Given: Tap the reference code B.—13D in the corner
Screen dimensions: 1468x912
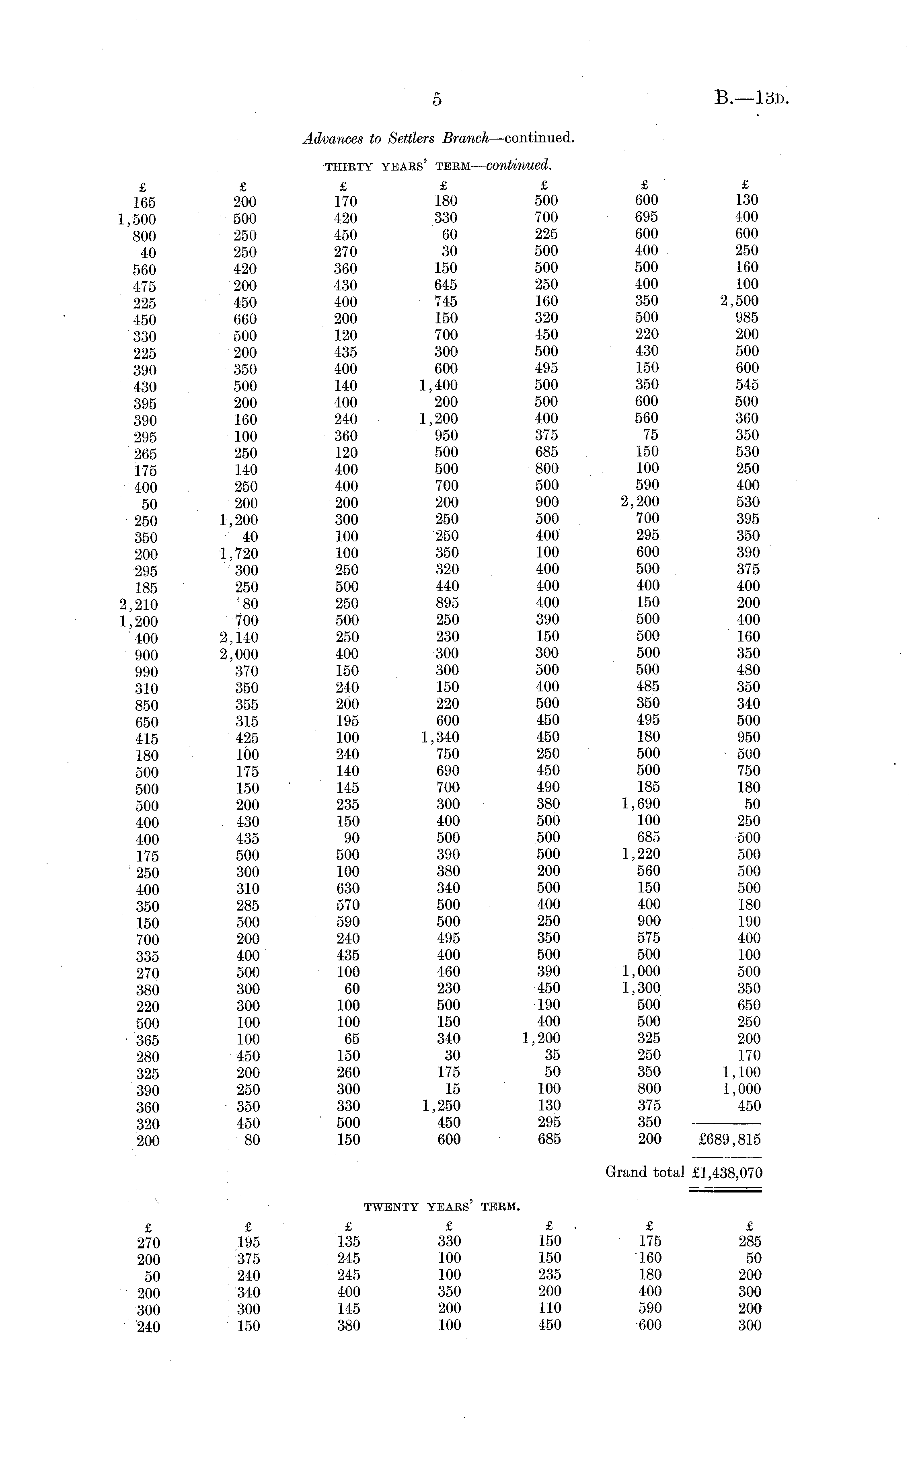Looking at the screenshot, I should [752, 98].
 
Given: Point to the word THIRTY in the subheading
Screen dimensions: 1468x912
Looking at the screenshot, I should [349, 167].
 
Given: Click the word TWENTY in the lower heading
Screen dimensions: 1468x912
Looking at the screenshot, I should [392, 1207].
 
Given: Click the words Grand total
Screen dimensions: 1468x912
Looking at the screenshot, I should [644, 1172].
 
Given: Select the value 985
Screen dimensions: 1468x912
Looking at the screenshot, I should [747, 318].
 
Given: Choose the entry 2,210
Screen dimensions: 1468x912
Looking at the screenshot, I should [138, 605].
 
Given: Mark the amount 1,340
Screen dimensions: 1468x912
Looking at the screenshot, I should [440, 737].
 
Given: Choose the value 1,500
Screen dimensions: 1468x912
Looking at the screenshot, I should [136, 220].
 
